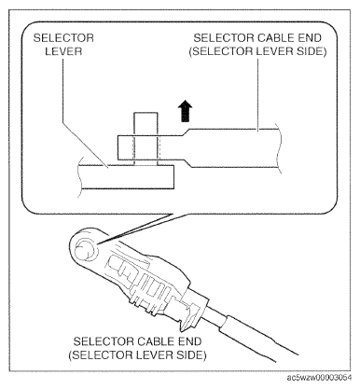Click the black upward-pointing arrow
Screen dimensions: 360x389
pos(185,111)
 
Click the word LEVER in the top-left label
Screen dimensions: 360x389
pos(63,51)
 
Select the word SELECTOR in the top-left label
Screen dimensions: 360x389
pos(63,38)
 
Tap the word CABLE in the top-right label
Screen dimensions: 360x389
pos(269,38)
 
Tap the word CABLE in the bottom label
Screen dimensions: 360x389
pos(149,341)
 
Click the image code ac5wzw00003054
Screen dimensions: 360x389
pos(320,378)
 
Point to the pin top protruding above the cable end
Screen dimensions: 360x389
pos(145,124)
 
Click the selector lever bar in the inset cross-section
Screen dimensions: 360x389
pos(127,176)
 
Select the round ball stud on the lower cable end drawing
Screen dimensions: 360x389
pos(84,251)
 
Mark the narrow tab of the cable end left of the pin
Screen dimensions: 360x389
pos(126,147)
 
